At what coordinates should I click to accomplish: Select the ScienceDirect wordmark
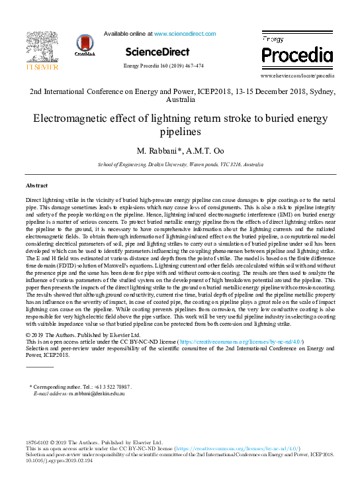157,52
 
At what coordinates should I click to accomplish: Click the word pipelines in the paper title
179,132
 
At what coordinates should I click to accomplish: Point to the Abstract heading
36,185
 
